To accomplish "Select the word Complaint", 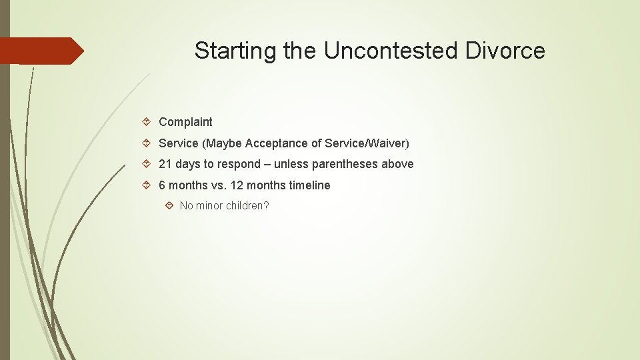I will coord(185,122).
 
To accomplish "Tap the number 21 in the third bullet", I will coord(165,164).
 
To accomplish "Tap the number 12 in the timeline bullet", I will coord(237,185).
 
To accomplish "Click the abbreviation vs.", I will coord(218,185).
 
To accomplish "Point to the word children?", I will coord(248,206).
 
